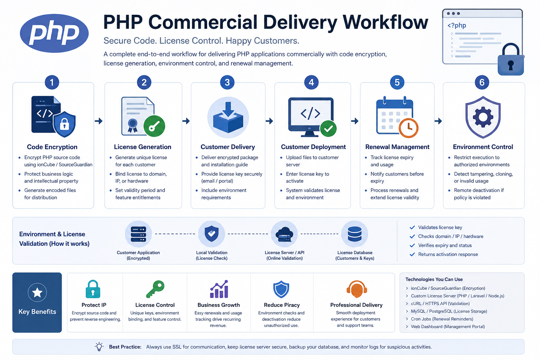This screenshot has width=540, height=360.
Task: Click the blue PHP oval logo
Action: point(54,33)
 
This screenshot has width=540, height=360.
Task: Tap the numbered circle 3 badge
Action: point(227,83)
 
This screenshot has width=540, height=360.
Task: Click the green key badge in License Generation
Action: point(154,126)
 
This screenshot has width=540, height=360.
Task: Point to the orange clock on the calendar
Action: point(409,128)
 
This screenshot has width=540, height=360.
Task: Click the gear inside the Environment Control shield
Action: point(483,117)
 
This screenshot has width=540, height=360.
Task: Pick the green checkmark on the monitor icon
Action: point(328,129)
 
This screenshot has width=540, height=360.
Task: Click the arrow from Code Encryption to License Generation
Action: point(98,121)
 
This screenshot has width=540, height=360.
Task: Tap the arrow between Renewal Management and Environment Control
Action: point(438,121)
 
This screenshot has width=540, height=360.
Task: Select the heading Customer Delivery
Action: point(228,147)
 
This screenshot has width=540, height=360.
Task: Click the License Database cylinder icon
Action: point(355,234)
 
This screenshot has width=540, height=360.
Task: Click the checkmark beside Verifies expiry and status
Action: point(412,245)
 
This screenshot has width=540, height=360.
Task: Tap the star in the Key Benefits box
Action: point(37,292)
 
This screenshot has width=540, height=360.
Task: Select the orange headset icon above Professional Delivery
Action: point(356,289)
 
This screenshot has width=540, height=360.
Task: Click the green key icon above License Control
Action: point(155,289)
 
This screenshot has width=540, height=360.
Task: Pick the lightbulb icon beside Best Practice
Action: point(99,347)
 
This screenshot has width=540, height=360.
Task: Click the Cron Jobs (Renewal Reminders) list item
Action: point(442,319)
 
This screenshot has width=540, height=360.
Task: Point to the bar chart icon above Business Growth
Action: point(219,289)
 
